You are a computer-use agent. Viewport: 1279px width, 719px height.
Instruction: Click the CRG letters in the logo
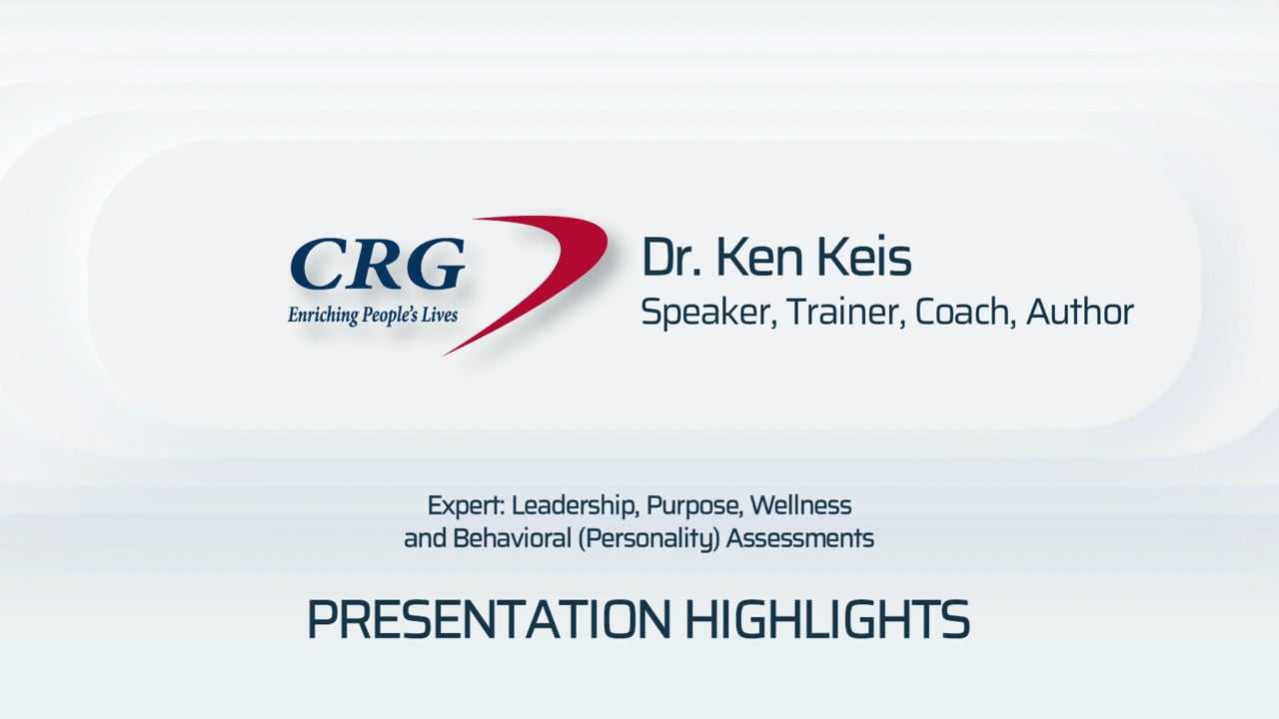378,264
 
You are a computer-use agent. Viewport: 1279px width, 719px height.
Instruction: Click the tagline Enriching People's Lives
372,314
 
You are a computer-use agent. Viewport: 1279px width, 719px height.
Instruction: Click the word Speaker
706,313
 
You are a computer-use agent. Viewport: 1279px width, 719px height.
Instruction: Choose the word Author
1080,312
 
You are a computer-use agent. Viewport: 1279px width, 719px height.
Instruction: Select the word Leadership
575,504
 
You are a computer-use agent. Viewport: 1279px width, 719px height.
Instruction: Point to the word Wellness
802,504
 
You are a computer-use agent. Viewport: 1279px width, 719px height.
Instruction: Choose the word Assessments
800,538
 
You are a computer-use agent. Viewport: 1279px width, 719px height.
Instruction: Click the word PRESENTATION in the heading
489,619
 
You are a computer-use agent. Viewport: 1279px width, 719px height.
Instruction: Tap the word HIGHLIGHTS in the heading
826,619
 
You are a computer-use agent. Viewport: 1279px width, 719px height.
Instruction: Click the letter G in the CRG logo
435,264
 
